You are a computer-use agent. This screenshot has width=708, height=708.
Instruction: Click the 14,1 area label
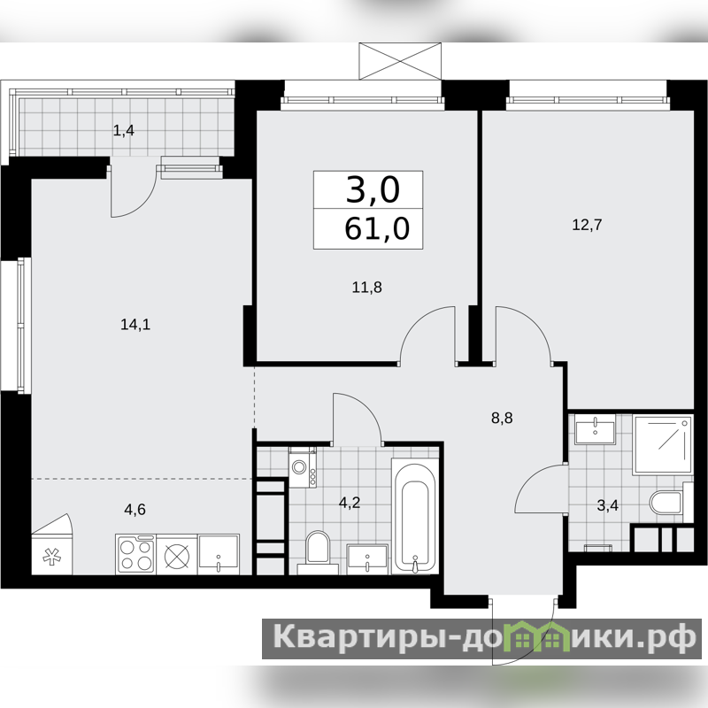tap(135, 324)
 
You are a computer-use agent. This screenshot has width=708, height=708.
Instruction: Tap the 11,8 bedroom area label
tap(366, 287)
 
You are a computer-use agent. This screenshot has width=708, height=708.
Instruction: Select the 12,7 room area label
tap(587, 225)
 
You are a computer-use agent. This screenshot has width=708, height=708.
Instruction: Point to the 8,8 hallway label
tap(502, 418)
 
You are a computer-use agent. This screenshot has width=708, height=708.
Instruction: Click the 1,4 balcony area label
tap(123, 131)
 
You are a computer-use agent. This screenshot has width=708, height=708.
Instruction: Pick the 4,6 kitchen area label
tap(135, 510)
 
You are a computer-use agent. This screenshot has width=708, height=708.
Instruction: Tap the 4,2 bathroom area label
tap(350, 502)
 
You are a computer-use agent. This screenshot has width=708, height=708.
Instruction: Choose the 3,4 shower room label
tap(607, 505)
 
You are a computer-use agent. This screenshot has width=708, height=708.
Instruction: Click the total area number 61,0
tap(377, 228)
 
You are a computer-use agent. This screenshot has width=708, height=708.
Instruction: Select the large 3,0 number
tap(373, 189)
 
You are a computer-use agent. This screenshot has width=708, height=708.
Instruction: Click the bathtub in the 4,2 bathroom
tap(414, 516)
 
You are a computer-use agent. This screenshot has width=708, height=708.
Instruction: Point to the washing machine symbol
tap(303, 467)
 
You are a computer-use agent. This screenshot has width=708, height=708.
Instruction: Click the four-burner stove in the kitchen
tap(136, 555)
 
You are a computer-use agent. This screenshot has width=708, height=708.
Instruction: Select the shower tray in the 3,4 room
tap(663, 445)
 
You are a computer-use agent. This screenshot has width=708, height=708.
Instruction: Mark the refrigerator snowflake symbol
tap(52, 557)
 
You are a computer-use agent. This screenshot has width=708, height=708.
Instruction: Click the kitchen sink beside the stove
tap(218, 555)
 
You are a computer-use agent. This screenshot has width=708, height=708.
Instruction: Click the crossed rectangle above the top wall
tap(400, 61)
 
